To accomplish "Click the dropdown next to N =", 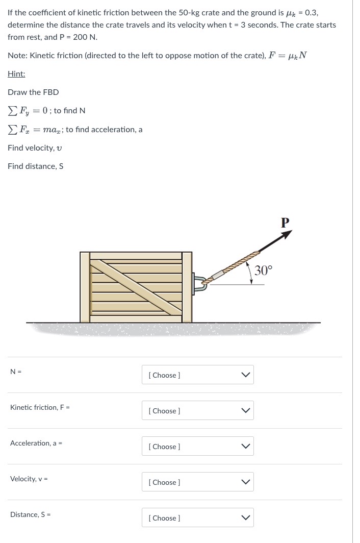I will click(x=197, y=375).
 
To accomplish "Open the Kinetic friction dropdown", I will click(x=197, y=410).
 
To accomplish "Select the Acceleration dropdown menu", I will click(x=197, y=446).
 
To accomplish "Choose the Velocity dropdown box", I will click(x=197, y=482).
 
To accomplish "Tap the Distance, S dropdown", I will click(x=197, y=517).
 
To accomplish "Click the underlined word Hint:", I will click(x=16, y=74).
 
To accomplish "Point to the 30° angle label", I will click(x=264, y=270).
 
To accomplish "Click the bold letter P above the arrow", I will click(x=285, y=222).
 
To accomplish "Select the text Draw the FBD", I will click(x=33, y=92).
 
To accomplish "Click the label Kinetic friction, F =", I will click(x=40, y=407).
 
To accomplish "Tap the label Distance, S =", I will click(x=30, y=514).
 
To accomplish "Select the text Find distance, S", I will click(x=35, y=166).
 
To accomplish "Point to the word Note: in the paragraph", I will click(x=17, y=55).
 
